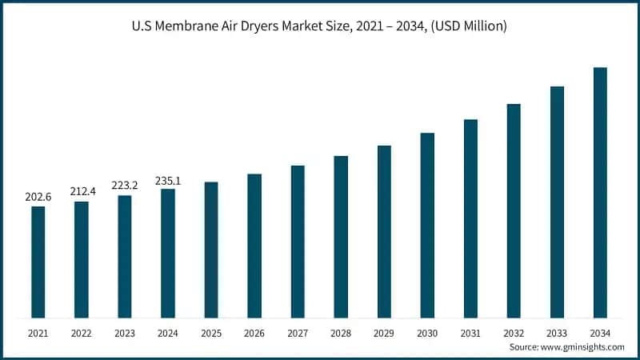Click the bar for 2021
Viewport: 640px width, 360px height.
(x=38, y=262)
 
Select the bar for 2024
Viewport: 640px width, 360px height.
(x=168, y=253)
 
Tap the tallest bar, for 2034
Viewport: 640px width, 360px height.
(x=600, y=192)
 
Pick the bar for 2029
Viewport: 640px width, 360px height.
(x=384, y=231)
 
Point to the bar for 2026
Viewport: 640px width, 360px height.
(x=254, y=246)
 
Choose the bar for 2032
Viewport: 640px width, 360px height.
(x=514, y=210)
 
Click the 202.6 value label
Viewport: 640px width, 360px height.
(x=38, y=196)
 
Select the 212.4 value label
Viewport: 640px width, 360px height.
(x=82, y=191)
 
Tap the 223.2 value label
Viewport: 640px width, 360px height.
(x=125, y=185)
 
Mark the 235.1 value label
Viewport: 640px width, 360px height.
(x=168, y=180)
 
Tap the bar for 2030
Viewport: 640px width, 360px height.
(x=427, y=225)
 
